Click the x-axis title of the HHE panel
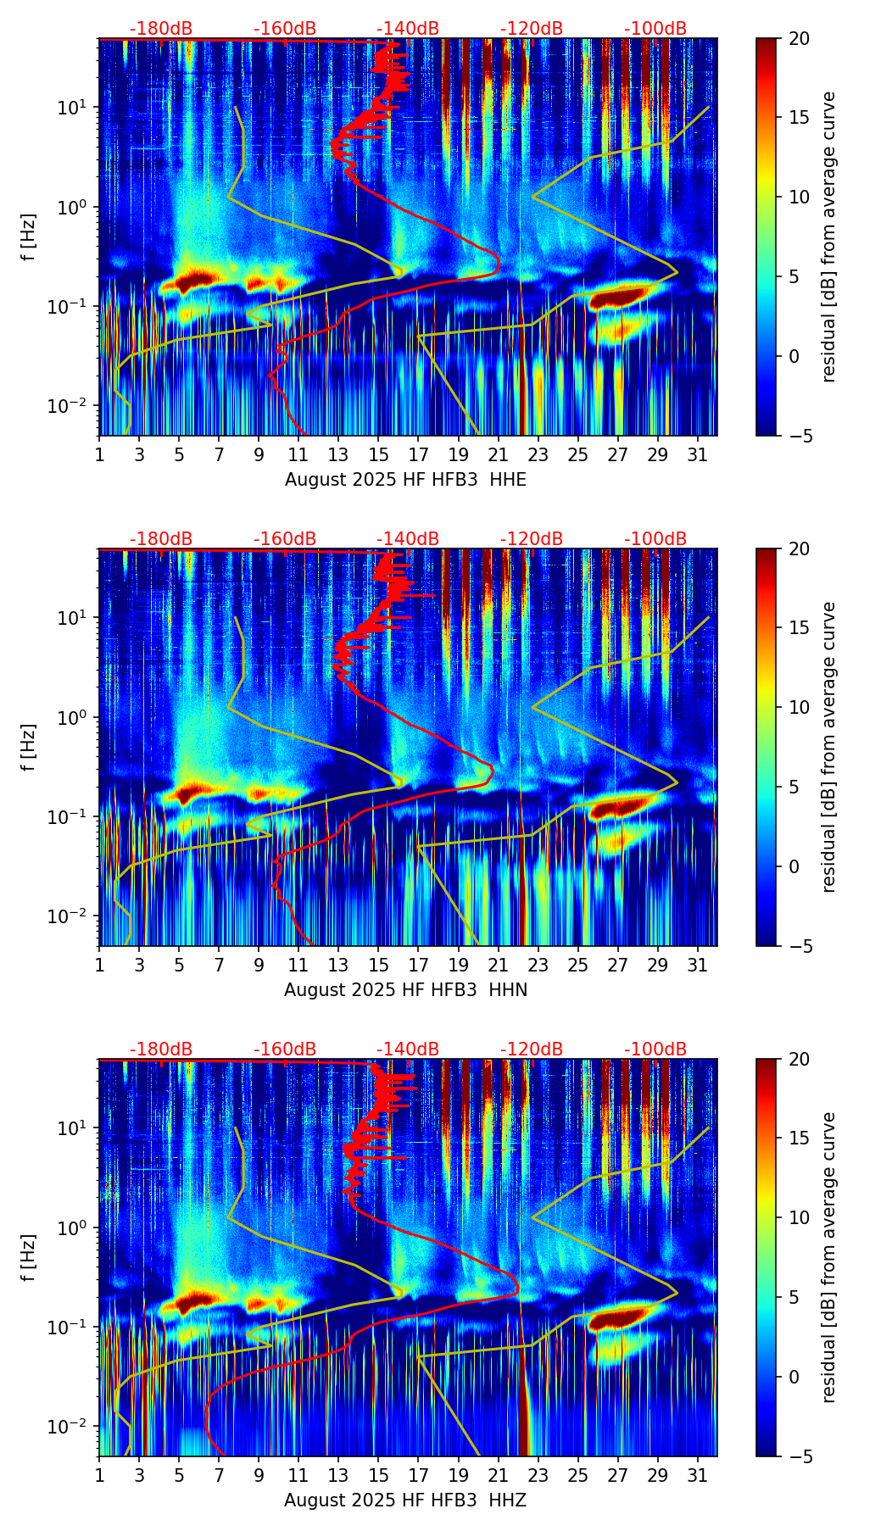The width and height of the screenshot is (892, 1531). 405,480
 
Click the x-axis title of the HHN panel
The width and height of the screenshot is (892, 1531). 405,990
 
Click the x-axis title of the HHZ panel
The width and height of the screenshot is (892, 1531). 405,1500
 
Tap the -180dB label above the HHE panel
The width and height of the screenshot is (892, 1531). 161,29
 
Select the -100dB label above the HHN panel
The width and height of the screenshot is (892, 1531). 655,539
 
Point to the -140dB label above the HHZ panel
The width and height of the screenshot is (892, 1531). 408,1049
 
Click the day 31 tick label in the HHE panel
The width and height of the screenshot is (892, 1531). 698,455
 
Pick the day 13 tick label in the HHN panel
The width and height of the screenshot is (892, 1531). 338,966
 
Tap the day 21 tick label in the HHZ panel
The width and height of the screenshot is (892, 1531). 498,1476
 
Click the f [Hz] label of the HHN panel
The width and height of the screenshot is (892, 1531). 30,747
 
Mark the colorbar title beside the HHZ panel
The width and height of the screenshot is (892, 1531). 828,1257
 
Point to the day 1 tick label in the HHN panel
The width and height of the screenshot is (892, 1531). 99,966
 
